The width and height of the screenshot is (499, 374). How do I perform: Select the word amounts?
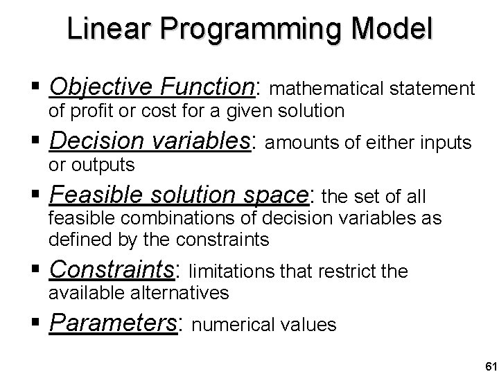point(295,143)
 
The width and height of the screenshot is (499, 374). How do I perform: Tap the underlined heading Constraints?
point(113,269)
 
